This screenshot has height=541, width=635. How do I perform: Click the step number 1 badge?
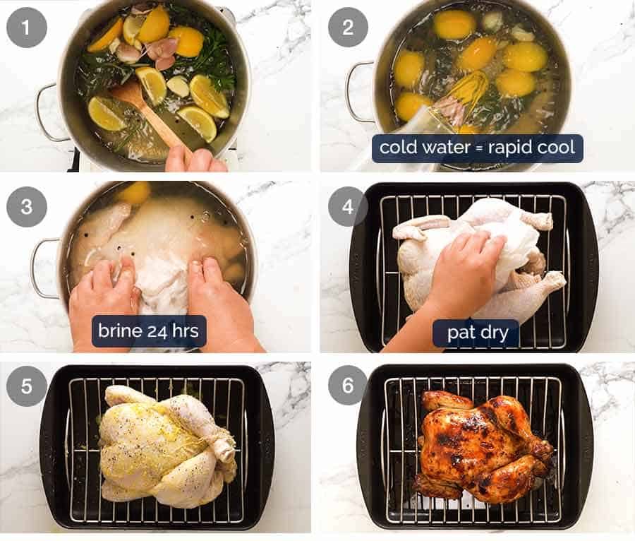coord(27,28)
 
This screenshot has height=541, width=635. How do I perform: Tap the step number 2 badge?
coord(348,28)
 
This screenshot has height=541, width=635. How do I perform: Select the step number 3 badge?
coord(27,207)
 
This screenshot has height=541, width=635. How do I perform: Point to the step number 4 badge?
coord(348,207)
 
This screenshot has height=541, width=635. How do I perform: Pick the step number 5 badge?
coord(27,386)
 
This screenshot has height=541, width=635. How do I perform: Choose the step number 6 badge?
coord(348,386)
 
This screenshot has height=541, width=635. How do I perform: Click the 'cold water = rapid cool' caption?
coord(478,148)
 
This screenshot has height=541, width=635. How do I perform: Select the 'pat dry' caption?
coord(477,331)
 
